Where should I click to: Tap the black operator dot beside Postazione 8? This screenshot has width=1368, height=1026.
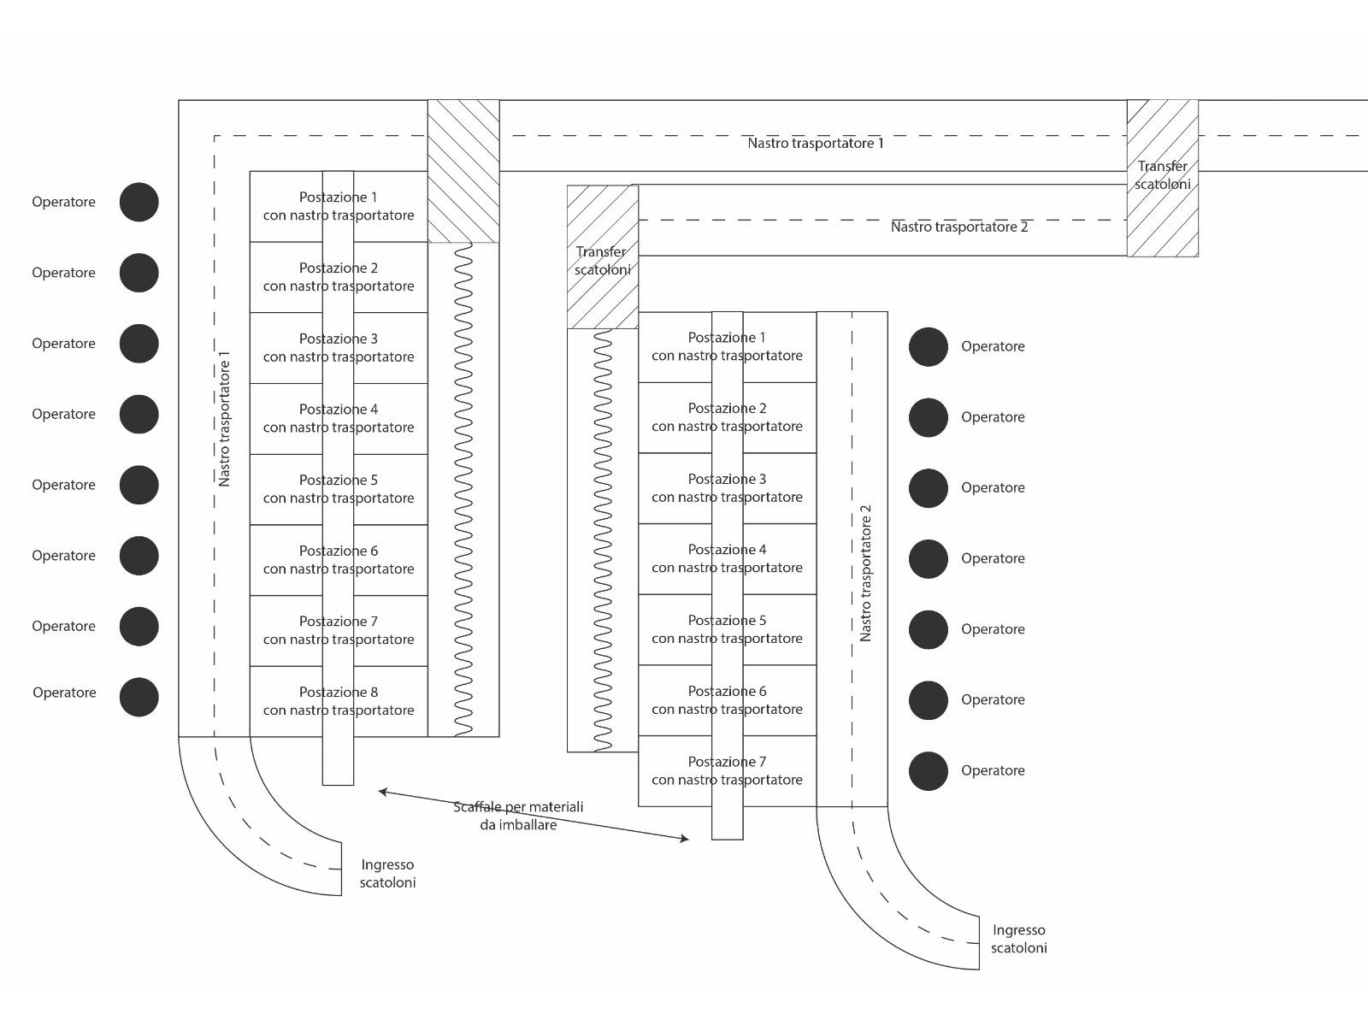139,697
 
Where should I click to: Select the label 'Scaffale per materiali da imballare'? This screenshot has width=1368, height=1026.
518,816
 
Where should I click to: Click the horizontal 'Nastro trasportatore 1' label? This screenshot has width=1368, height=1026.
816,143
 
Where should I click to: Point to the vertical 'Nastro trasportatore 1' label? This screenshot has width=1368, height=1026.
225,419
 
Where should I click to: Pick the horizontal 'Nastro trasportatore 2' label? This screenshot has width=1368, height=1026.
958,227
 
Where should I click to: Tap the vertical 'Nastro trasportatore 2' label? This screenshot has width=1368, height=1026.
865,573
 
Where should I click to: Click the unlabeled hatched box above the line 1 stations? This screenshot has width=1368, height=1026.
463,171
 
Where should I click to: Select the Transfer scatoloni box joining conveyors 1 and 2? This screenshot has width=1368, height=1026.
1162,178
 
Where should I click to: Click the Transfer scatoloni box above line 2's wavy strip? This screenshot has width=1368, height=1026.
603,257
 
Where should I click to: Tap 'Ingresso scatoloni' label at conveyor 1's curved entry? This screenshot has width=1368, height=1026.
387,874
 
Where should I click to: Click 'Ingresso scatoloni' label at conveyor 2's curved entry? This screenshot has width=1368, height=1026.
1018,939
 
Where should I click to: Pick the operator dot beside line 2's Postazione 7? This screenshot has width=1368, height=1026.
928,771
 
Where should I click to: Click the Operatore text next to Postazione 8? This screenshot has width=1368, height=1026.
64,693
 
